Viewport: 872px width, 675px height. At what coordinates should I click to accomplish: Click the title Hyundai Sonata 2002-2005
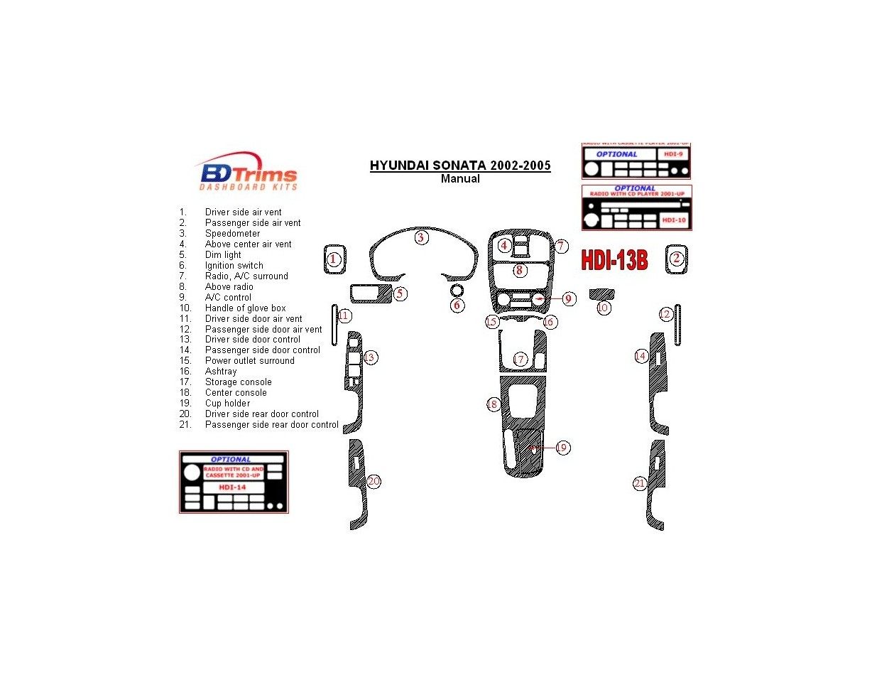click(459, 166)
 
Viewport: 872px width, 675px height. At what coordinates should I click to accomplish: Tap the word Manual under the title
click(459, 179)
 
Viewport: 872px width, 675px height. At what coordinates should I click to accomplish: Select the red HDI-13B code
click(614, 260)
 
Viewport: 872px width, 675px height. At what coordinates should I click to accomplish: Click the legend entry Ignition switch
click(234, 265)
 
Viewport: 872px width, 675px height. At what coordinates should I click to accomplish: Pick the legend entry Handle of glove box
click(245, 308)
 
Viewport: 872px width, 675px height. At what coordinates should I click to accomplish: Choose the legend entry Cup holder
click(227, 403)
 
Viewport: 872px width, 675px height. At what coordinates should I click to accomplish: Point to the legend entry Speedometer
click(232, 233)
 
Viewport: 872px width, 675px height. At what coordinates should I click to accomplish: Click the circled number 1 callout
click(334, 259)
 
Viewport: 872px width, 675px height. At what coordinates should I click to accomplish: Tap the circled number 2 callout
click(677, 259)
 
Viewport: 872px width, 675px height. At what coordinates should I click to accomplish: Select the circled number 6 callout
click(457, 305)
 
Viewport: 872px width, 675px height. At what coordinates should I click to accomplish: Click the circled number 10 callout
click(603, 308)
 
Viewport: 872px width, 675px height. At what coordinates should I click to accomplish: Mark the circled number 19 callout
click(562, 448)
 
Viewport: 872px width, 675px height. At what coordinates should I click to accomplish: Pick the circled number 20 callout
click(374, 482)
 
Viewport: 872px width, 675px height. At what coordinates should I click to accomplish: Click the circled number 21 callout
click(640, 484)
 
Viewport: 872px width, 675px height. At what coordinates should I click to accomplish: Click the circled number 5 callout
click(400, 293)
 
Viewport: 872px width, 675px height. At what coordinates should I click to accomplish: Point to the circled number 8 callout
click(519, 270)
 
